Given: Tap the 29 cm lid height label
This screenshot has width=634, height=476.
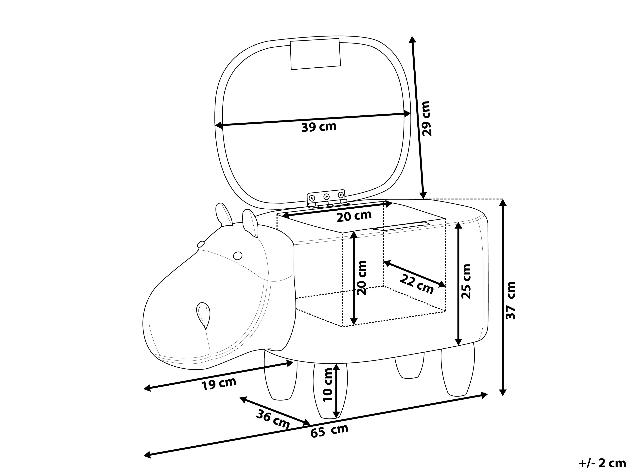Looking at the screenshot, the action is (x=426, y=118).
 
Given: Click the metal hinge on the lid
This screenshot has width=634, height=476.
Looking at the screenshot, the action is (x=327, y=198).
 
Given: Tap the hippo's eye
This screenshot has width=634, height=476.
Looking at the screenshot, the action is (x=238, y=255).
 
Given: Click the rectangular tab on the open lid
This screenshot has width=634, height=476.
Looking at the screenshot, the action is (x=315, y=54).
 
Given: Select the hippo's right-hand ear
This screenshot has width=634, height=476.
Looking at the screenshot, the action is (x=250, y=223).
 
